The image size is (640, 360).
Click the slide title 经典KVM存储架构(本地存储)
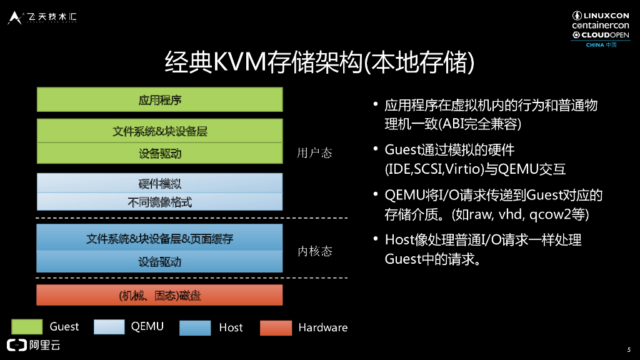pos(319,63)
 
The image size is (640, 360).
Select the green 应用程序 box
pos(160,100)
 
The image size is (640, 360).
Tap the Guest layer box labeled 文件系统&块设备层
pos(160,131)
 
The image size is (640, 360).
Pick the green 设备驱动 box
pos(160,153)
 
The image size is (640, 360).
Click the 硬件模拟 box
pos(160,184)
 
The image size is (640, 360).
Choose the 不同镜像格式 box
pos(160,202)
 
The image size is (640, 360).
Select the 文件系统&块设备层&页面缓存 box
pos(160,238)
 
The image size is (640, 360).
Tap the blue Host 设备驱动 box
pos(160,262)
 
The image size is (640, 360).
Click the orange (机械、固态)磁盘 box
pos(160,295)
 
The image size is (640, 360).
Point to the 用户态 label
pos(314,153)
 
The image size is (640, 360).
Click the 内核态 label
pos(314,251)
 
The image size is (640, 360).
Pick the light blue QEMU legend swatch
pos(109,326)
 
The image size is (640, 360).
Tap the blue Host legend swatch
pos(194,327)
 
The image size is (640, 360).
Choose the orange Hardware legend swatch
pos(276,327)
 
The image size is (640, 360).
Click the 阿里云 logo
pos(34,344)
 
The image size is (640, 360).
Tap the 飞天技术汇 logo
pos(42,17)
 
